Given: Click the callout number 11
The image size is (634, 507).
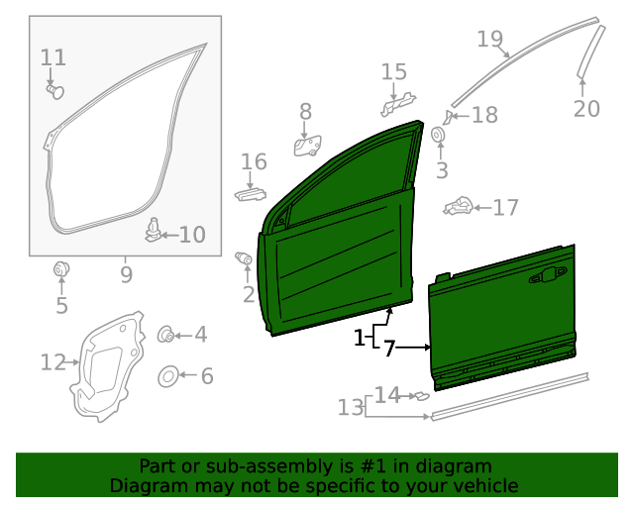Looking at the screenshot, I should point(53,57).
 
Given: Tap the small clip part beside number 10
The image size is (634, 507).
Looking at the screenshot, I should point(154,230).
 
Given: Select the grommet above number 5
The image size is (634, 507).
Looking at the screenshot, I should point(61,268).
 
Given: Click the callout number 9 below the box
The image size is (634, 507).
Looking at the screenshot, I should point(126,272).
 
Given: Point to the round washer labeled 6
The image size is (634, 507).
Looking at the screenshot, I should point(168,376).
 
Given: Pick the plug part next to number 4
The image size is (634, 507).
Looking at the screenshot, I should point(166,335).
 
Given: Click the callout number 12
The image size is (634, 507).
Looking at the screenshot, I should point(53,362).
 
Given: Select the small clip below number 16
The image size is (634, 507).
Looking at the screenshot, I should point(251,192).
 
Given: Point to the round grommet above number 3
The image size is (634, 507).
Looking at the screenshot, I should point(439,135).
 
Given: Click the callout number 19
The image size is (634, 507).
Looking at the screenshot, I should point(489,40).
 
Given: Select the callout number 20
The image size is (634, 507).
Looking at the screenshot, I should point(586,108).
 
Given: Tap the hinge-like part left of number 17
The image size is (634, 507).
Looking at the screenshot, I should point(458,207).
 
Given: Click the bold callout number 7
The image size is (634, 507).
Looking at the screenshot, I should point(389,349).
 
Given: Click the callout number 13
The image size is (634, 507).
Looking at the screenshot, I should point(351,407).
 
